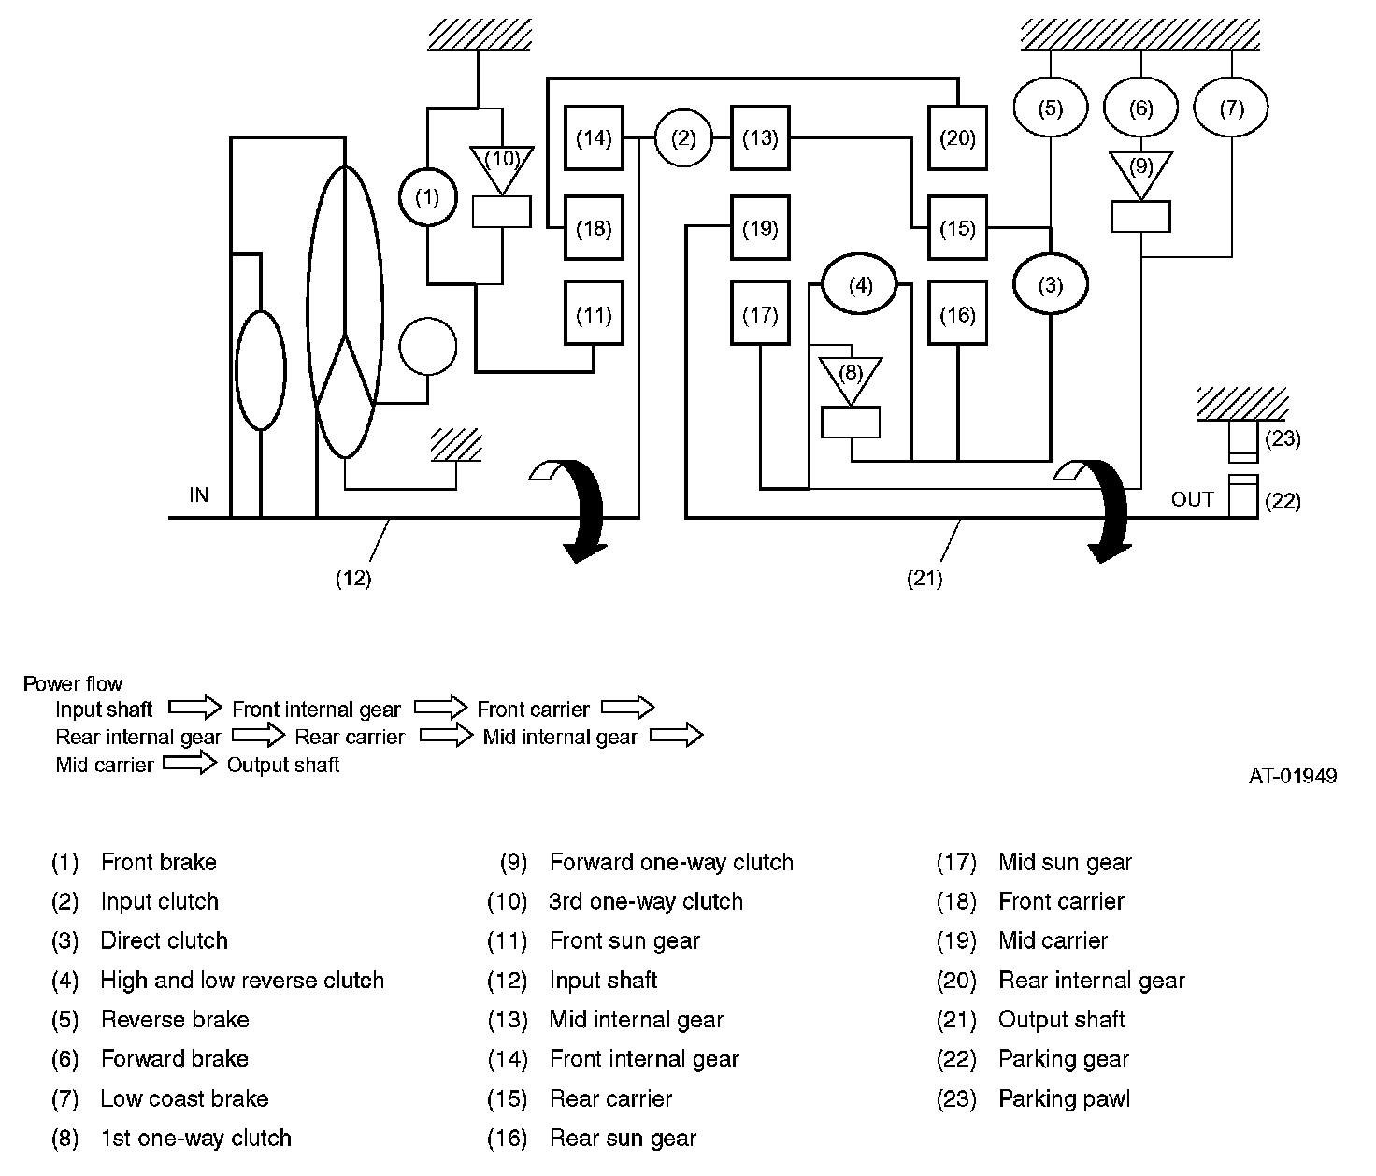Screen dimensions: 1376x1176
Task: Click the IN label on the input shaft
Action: click(x=199, y=495)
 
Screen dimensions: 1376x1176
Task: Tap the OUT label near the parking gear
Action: click(x=1192, y=499)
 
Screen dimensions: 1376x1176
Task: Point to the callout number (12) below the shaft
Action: click(x=353, y=578)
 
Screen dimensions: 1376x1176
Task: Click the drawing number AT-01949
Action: click(x=1293, y=776)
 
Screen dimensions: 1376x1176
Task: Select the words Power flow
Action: click(x=73, y=684)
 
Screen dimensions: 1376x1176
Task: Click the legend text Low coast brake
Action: click(x=184, y=1098)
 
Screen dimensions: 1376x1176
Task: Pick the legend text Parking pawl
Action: click(x=1065, y=1098)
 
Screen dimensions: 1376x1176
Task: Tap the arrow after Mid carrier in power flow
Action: click(x=191, y=763)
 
